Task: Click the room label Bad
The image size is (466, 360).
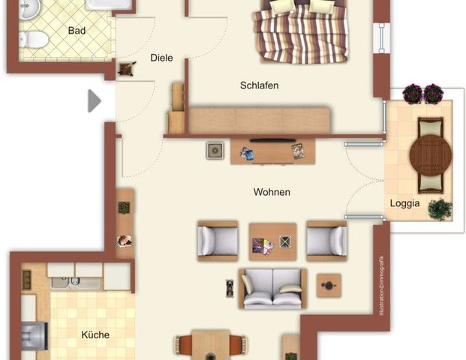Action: pos(77,31)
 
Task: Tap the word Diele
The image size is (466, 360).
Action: pos(161,58)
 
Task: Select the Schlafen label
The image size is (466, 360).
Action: pos(259,85)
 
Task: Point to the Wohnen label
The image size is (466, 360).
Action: pos(272,192)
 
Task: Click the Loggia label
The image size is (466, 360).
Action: pos(404,203)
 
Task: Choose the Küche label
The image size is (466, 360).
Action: pos(95,334)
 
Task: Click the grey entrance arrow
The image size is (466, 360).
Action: pos(94,100)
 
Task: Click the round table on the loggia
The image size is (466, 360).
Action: pos(431,154)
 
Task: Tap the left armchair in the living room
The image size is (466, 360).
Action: pos(217,241)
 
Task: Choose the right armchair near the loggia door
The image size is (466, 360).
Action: pos(326,241)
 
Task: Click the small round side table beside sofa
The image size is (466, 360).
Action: pos(328,285)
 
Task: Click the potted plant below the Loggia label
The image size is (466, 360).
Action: pos(440,209)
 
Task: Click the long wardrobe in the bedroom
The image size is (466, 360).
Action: pos(259,120)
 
